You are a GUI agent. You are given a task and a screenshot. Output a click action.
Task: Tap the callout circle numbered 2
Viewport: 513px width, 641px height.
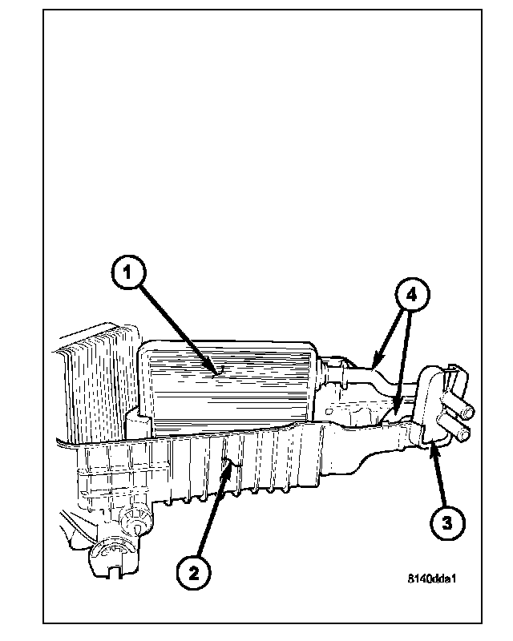(193, 572)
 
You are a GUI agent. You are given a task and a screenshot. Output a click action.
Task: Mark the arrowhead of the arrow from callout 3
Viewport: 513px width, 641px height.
(430, 442)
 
